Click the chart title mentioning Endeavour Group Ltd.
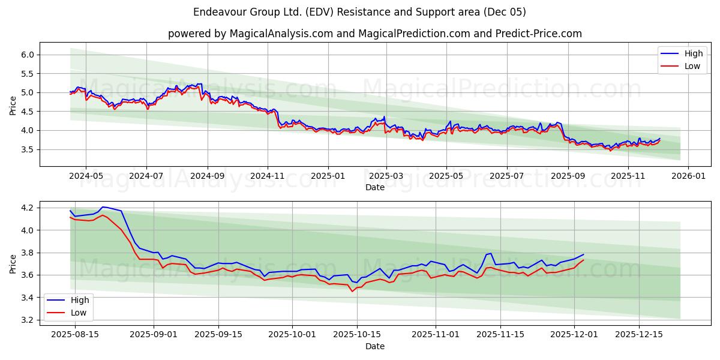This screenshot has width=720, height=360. [x=359, y=12]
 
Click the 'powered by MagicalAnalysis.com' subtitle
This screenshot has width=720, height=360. [x=374, y=34]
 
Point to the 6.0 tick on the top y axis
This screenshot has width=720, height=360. [x=28, y=55]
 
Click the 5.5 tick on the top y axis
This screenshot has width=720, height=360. [x=28, y=74]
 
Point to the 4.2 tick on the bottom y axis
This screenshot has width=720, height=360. [x=28, y=208]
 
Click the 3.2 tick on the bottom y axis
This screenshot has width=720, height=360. [x=28, y=320]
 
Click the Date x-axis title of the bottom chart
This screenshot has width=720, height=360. [x=375, y=346]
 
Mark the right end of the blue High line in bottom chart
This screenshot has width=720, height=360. [x=583, y=254]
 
